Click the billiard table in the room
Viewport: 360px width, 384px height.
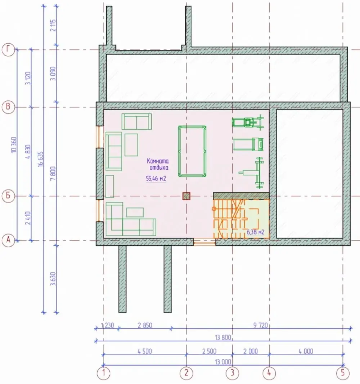(192, 151)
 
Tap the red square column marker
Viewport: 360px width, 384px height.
(186, 196)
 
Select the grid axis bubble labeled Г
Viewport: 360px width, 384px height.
(8, 50)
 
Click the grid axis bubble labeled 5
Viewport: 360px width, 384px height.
(343, 373)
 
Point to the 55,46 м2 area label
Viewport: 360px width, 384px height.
(156, 179)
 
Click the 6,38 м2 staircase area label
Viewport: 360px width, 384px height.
(256, 232)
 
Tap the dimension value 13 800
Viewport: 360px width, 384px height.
(223, 338)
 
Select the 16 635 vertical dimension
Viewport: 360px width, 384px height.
(41, 159)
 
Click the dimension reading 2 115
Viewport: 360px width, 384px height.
(53, 25)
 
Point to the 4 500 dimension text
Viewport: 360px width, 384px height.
(145, 351)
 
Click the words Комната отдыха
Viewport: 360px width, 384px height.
(158, 164)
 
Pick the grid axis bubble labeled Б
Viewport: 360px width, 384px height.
(8, 196)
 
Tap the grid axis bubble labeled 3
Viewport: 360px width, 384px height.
(232, 373)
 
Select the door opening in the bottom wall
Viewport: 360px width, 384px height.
(204, 242)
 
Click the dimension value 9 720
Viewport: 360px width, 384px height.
(260, 325)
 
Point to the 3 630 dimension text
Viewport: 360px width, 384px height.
(53, 279)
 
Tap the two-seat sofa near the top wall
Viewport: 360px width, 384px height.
(136, 121)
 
